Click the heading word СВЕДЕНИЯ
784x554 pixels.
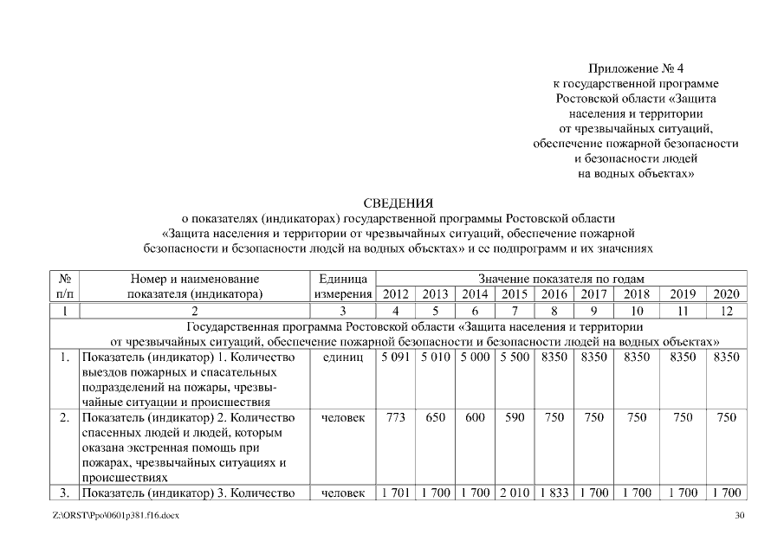click(x=392, y=203)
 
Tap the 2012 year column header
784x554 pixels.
click(x=395, y=294)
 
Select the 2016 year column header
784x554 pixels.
click(x=554, y=294)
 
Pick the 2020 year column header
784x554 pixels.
click(x=725, y=294)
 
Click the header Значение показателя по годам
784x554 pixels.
click(x=560, y=280)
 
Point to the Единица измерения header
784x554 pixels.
click(x=342, y=287)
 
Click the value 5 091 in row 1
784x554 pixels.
click(x=395, y=357)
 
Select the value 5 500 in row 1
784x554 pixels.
click(x=515, y=357)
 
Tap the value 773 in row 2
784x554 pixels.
click(x=395, y=417)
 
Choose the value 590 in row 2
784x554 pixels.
click(x=515, y=417)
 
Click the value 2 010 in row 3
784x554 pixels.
click(x=515, y=493)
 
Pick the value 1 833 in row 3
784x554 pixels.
click(x=554, y=493)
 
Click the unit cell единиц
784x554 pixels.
click(x=342, y=357)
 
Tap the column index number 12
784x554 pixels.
click(x=725, y=310)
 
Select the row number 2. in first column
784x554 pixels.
click(x=65, y=417)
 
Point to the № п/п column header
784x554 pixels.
click(x=65, y=287)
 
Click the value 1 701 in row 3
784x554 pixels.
click(x=395, y=493)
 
